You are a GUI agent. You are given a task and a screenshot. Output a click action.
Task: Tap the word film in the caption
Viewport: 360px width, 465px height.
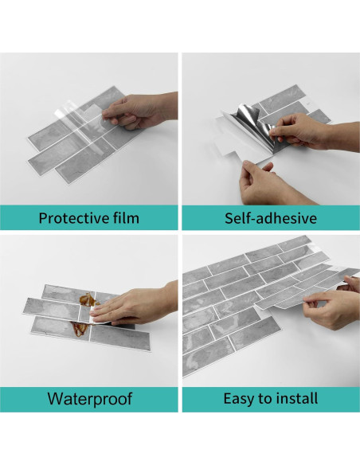(x=127, y=217)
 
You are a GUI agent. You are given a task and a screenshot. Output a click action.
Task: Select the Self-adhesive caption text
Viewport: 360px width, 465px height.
(x=271, y=218)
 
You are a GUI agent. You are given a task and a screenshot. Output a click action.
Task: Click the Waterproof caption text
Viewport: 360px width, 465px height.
(x=89, y=399)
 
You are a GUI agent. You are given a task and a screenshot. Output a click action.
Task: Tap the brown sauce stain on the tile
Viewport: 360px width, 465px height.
(x=88, y=300)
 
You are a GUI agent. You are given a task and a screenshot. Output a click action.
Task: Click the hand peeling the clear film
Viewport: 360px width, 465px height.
(x=139, y=111)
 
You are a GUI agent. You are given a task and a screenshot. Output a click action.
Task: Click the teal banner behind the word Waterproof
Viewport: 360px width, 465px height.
(x=89, y=399)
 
